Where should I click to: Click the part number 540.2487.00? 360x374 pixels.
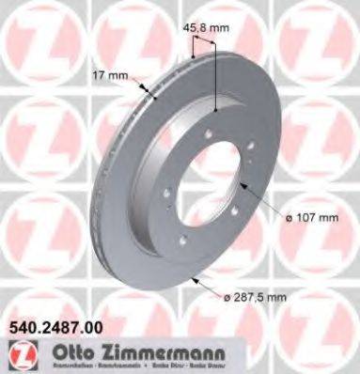(59, 330)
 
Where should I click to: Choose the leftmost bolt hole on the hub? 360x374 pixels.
(165, 195)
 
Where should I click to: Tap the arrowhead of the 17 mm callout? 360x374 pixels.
(151, 95)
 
